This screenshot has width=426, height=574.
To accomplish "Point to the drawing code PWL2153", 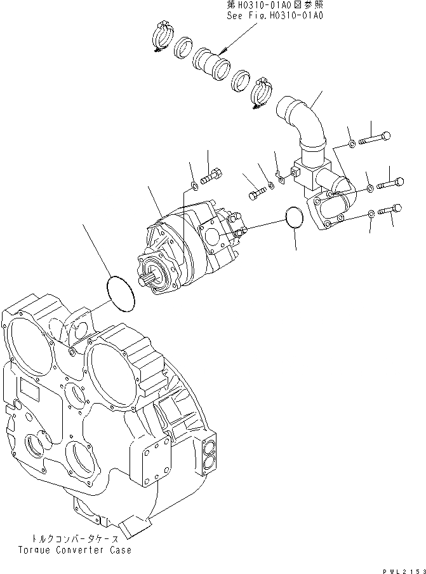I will [x=403, y=568].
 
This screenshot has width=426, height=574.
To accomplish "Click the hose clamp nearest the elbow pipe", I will [x=262, y=90].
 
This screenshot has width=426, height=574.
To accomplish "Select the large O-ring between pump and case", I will [x=120, y=294].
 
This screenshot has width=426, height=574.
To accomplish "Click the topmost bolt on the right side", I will [x=375, y=137].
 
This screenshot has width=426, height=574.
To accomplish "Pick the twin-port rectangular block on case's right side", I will [x=208, y=454].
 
